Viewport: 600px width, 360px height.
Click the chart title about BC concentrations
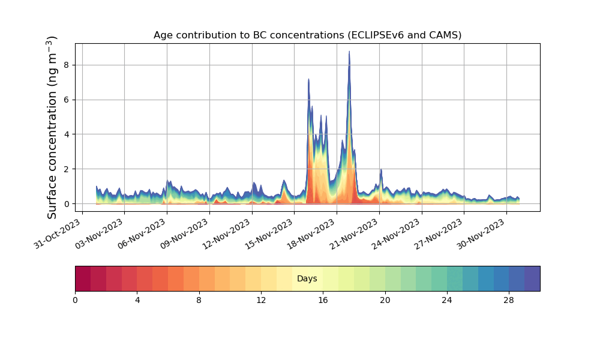[x=307, y=35]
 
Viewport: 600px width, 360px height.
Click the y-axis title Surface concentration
[x=52, y=127]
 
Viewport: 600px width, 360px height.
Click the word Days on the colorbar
[x=307, y=278]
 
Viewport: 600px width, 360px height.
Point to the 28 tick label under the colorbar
[x=509, y=300]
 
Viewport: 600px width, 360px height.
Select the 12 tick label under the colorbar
[x=261, y=300]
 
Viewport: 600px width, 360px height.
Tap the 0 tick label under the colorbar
[x=75, y=300]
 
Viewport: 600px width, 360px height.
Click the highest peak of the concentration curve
[x=349, y=52]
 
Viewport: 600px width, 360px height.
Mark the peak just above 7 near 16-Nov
[x=308, y=79]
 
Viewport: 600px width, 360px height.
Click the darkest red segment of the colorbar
[x=83, y=278]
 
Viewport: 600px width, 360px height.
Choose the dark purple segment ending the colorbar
[x=532, y=278]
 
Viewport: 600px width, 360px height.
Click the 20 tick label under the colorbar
[x=385, y=300]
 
